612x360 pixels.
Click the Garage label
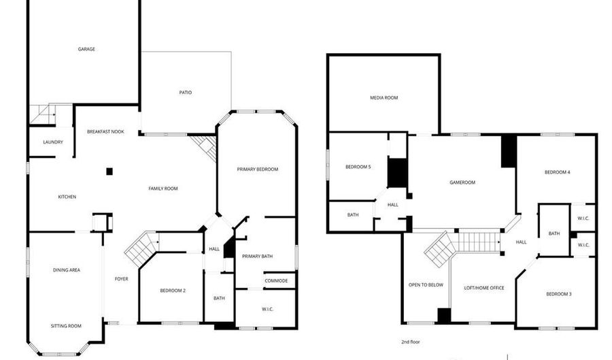[86, 49]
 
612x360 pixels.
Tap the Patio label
[185, 93]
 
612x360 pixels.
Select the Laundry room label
[52, 142]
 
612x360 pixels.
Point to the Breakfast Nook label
[105, 131]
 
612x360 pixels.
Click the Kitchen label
[67, 197]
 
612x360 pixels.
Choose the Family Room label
[163, 189]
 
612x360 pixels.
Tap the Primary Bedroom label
[257, 169]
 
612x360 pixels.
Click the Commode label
[275, 280]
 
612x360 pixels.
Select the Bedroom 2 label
[173, 291]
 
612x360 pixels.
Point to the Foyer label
[121, 278]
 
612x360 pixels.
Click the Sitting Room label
[66, 326]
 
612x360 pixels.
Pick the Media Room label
[384, 98]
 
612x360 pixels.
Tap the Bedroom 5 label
[358, 167]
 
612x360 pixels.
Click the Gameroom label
[462, 182]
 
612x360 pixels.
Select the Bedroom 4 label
[557, 172]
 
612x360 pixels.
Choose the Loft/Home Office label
[483, 288]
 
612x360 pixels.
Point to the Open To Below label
[426, 284]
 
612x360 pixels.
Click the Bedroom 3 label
[558, 294]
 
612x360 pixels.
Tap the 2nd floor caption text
[411, 341]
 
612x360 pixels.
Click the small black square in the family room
[109, 171]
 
